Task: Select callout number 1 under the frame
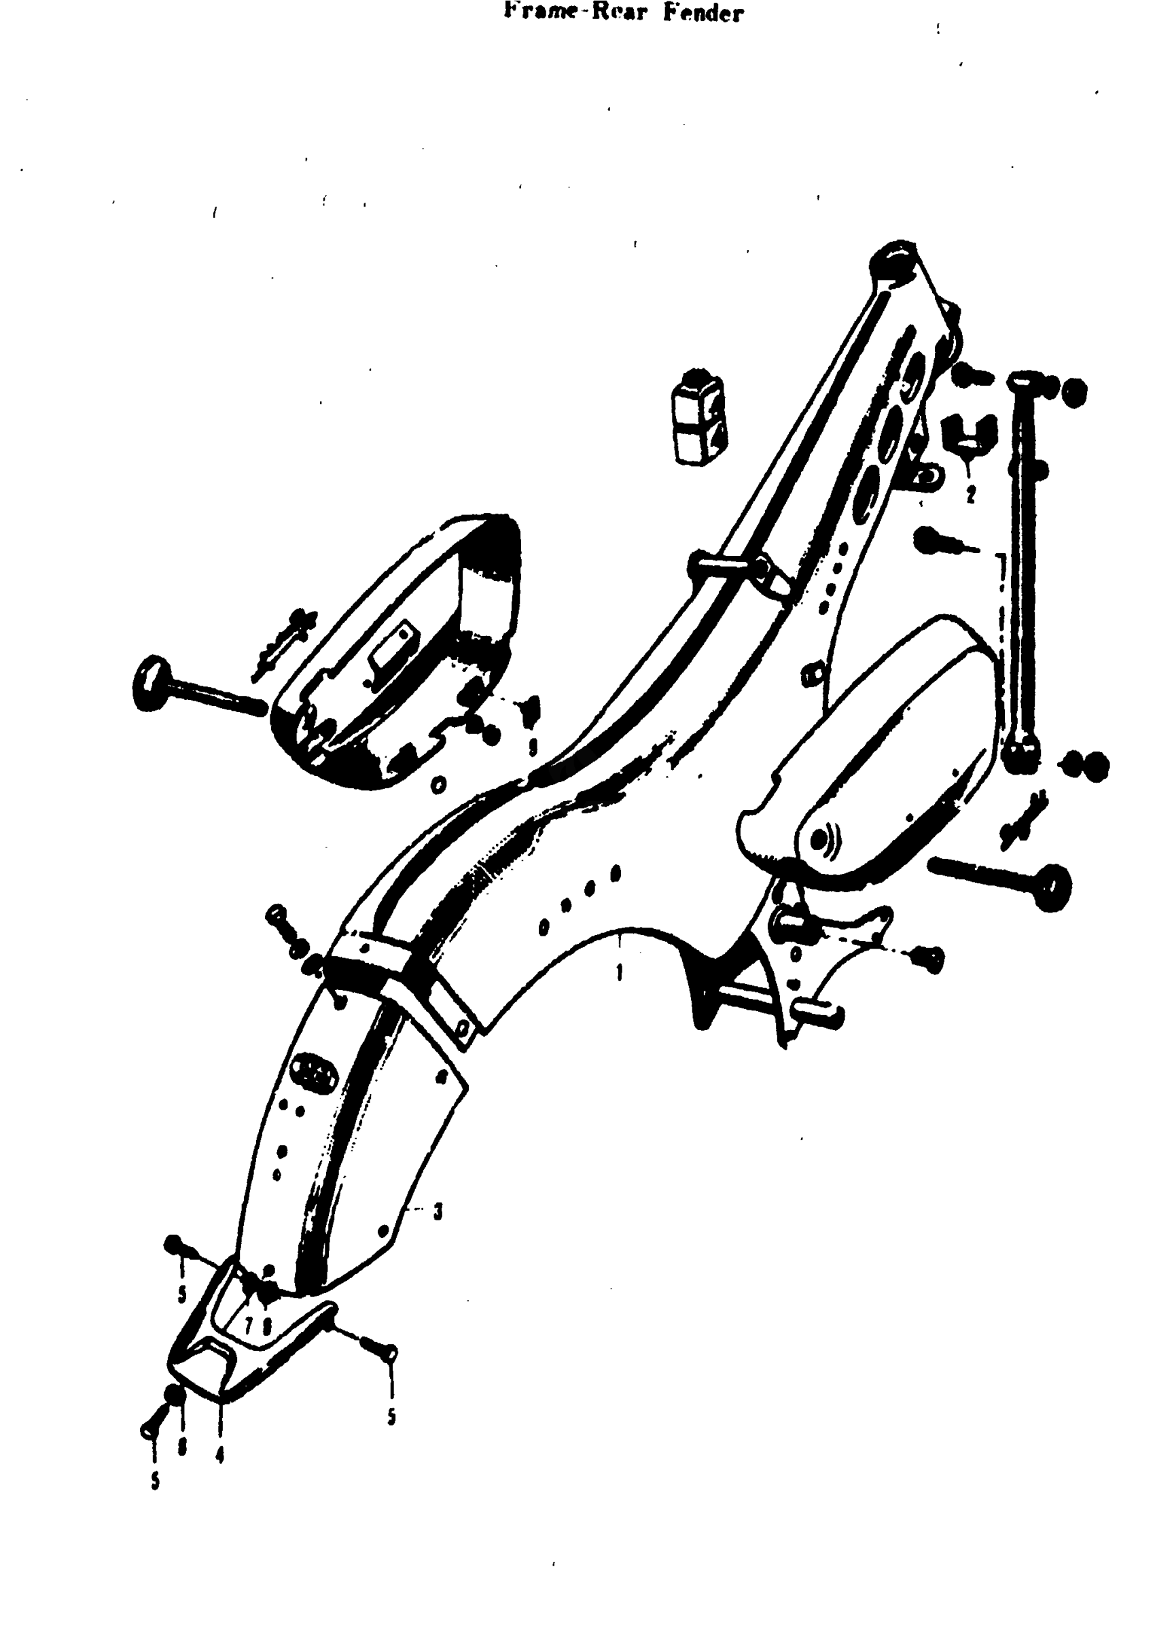click(619, 972)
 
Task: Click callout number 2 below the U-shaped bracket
click(970, 494)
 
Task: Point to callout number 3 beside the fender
click(438, 1211)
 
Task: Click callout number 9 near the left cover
click(532, 747)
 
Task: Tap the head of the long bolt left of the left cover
click(149, 684)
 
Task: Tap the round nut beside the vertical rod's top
click(1073, 392)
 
